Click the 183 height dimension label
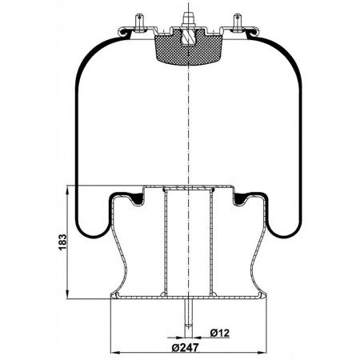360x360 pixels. click(62, 242)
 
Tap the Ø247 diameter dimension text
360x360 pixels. click(186, 347)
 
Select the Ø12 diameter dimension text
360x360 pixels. click(220, 333)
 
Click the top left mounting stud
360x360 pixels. click(140, 23)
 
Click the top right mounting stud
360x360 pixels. click(237, 23)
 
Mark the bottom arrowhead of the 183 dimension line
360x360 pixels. click(67, 294)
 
